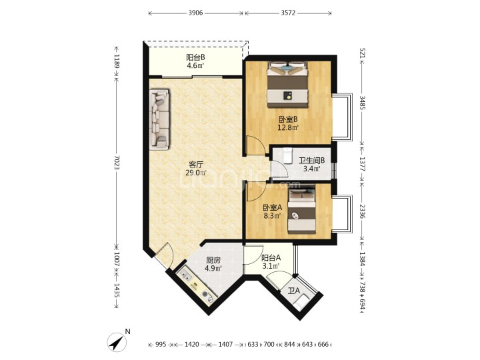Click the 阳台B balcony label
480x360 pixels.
click(x=195, y=57)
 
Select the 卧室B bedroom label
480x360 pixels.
click(x=288, y=119)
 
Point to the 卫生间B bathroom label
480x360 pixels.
click(x=311, y=161)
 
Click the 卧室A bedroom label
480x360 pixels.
click(x=273, y=207)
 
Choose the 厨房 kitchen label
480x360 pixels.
click(x=213, y=261)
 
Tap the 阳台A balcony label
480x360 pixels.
click(x=271, y=258)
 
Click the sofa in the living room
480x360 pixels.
click(x=159, y=119)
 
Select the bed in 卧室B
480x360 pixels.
click(x=287, y=85)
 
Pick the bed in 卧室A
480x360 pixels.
click(x=302, y=211)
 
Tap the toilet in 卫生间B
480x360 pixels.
click(x=287, y=155)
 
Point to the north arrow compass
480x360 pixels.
click(x=117, y=341)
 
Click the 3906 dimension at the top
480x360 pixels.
click(x=195, y=13)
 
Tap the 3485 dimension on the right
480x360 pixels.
click(x=362, y=103)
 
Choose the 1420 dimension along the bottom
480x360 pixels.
click(x=191, y=345)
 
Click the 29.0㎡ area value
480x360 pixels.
click(x=196, y=173)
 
